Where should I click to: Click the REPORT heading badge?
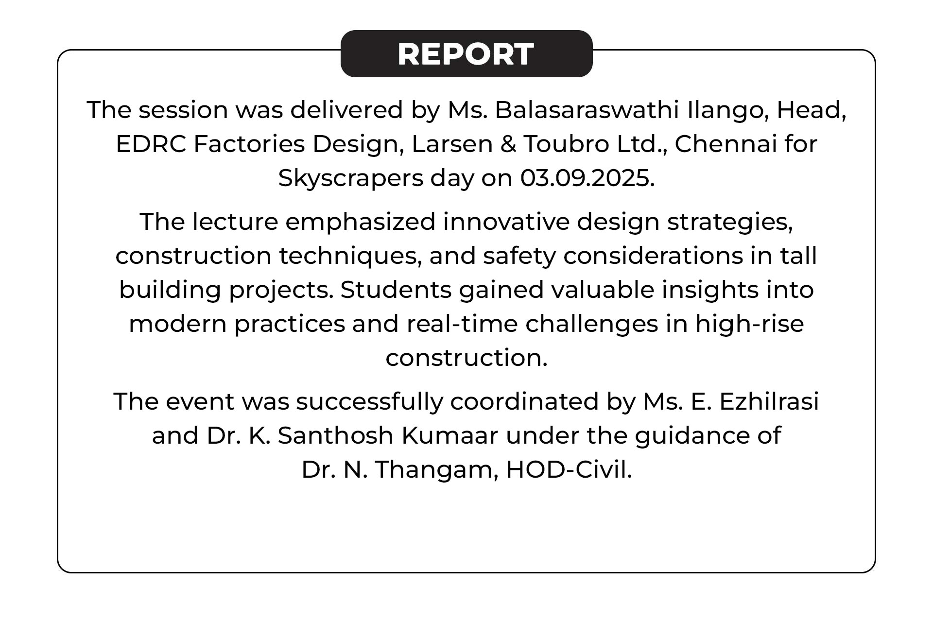[x=466, y=53]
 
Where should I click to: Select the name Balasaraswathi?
[x=587, y=110]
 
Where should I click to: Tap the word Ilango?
[x=728, y=111]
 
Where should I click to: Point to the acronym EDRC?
[x=151, y=144]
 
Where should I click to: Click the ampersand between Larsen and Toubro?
[x=508, y=144]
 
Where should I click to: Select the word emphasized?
[x=360, y=223]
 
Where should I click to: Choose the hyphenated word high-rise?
[x=750, y=324]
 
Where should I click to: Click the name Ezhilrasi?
[x=769, y=401]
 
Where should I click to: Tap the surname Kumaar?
[x=450, y=435]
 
